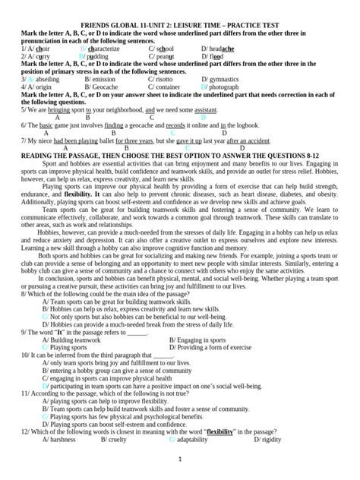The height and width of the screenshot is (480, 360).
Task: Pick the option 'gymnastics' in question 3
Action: click(229, 78)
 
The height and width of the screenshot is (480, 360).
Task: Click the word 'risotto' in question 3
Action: click(165, 78)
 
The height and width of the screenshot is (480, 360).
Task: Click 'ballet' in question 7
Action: click(104, 141)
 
